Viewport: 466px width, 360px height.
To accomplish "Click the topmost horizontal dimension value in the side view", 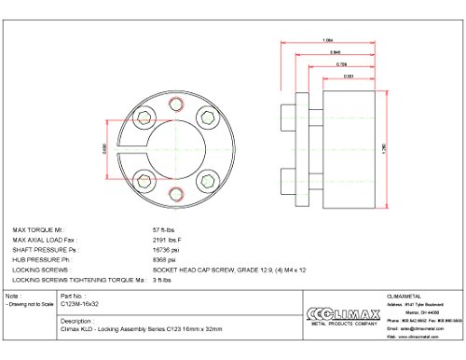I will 327,39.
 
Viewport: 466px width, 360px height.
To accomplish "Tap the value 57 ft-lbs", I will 163,228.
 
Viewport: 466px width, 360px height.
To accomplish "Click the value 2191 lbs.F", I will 167,238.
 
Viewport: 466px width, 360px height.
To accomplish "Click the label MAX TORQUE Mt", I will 37,228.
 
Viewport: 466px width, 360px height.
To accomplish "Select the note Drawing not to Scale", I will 29,304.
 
